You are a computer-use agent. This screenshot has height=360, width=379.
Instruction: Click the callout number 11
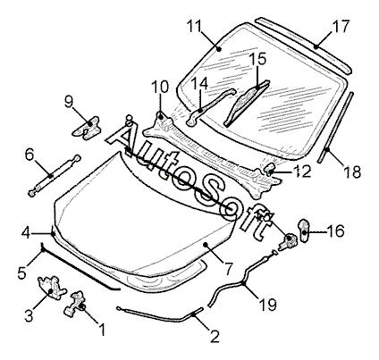[195, 26]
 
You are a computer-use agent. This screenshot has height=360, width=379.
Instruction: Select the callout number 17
[341, 26]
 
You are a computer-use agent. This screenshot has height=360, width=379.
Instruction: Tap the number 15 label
[257, 59]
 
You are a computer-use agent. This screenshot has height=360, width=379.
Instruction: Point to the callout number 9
[69, 102]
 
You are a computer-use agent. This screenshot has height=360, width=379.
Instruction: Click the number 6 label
[29, 155]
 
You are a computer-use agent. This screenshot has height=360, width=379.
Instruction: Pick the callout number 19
[268, 305]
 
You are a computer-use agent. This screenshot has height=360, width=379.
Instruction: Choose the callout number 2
[215, 336]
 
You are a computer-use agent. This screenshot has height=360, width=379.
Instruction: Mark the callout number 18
[352, 172]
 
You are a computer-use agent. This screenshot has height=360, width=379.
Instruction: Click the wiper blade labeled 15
[248, 103]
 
